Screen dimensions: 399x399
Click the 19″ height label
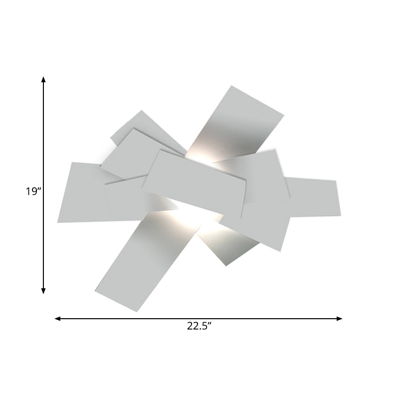[x=33, y=191]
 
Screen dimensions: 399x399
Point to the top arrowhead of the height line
[x=44, y=80]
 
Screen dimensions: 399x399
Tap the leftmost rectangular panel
[x=82, y=192]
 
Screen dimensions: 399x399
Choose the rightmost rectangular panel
[x=314, y=197]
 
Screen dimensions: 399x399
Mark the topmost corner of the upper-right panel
[x=230, y=86]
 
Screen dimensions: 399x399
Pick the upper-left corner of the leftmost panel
[x=72, y=162]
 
